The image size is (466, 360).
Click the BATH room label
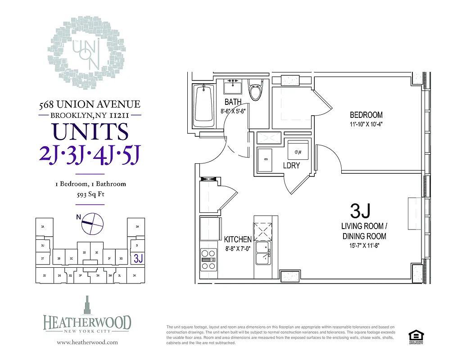233,102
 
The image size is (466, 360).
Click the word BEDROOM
366,115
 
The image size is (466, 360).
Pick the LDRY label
291,166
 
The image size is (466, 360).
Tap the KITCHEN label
238,239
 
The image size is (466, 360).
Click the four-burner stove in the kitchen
208,260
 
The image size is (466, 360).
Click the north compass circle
92,223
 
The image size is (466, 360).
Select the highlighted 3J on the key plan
138,258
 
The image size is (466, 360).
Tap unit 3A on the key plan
42,227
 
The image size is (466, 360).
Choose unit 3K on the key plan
134,275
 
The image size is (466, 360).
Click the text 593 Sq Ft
90,195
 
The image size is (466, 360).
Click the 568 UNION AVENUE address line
90,105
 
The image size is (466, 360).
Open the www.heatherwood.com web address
87,342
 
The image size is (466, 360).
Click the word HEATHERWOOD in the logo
87,323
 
